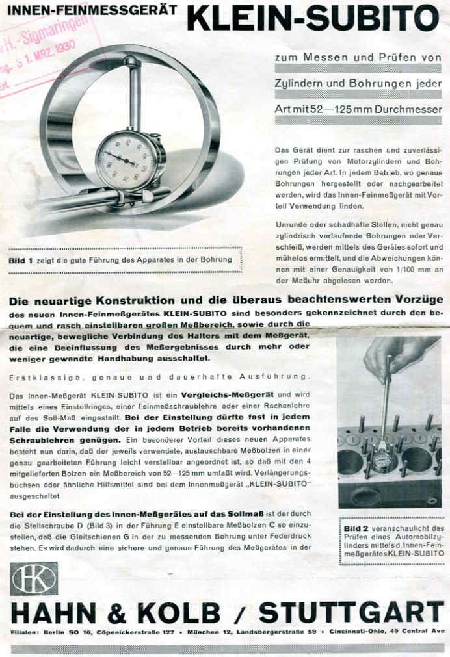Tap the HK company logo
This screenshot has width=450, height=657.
(34, 578)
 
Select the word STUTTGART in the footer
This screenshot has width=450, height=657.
(351, 612)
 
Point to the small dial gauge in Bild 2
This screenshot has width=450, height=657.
(382, 459)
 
